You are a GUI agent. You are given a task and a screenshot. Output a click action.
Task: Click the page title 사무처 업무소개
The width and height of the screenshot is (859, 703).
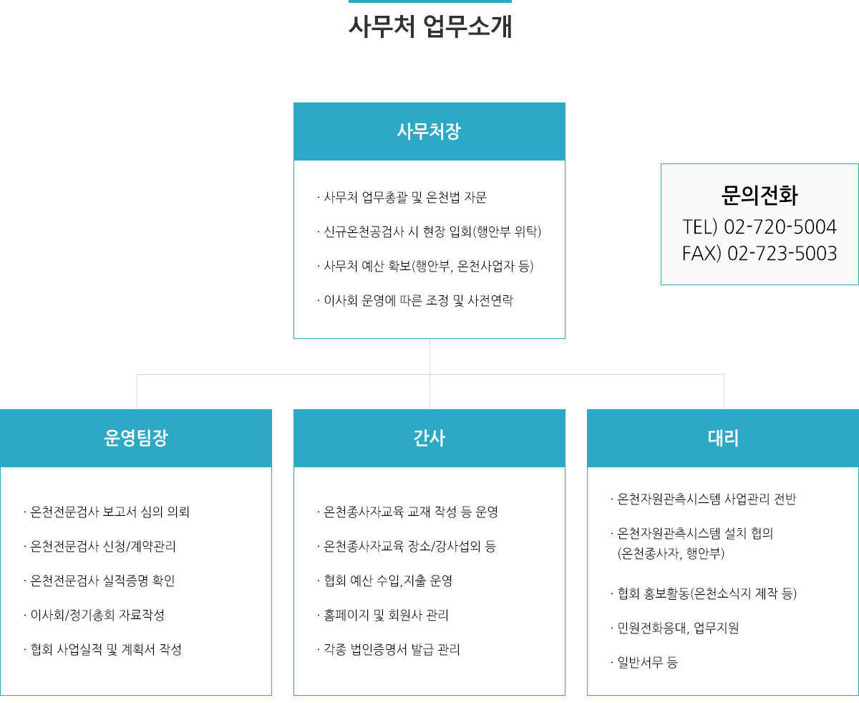pos(429,27)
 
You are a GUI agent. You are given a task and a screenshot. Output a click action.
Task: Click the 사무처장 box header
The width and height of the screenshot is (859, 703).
pos(429,131)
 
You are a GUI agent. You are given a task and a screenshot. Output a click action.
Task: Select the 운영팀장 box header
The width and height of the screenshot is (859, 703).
pos(136,438)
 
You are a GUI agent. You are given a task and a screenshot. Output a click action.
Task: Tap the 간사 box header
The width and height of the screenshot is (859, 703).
pos(429,438)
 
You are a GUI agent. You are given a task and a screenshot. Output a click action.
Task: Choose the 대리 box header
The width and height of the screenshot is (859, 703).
pos(723,438)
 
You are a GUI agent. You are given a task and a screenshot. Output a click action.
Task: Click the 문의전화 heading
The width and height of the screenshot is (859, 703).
pos(759,196)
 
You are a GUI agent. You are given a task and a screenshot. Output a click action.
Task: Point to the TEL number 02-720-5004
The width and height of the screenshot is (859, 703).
pos(780,226)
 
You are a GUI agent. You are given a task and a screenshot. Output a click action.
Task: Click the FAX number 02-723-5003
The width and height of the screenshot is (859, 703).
pos(782,253)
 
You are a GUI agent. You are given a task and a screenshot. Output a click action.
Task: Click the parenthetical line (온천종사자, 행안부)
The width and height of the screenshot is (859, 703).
pos(671,553)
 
